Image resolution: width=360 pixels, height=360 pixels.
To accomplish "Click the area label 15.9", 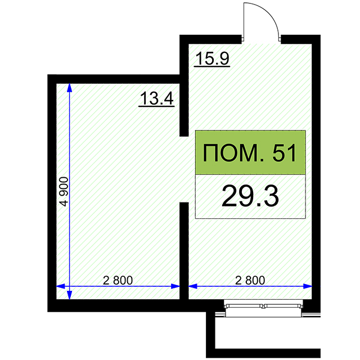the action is pos(213,58).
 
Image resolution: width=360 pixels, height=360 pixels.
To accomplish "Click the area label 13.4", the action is pos(157,98).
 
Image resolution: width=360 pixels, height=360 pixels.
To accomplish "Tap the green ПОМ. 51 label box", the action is pos(250,152).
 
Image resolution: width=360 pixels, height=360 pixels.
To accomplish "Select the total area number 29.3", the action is pos(250,196).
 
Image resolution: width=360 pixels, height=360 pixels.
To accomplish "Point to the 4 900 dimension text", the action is pos(64,191).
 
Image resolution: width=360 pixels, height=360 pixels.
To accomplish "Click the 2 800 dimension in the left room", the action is pos(118,280).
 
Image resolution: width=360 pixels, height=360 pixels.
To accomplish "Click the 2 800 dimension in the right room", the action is pos(250,280).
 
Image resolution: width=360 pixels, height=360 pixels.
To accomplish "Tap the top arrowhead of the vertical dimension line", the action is pos(69,88).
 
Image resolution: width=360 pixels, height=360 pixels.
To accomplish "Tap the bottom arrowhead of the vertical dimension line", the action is pos(69,295).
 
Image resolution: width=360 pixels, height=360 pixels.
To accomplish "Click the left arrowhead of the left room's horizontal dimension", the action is pos(61,286).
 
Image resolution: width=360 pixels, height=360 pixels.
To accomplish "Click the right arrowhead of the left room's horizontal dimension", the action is pos(175,286).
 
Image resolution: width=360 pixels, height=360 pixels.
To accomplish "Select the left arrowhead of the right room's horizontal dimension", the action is pos(193,286).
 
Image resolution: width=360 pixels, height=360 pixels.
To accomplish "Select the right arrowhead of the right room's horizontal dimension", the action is pos(308,286).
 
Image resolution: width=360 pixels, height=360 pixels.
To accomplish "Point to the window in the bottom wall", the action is pos(264,308).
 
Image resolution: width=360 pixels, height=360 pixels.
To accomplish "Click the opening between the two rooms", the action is pos(184,169).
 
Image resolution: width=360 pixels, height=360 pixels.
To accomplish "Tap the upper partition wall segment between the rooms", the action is pos(184,86).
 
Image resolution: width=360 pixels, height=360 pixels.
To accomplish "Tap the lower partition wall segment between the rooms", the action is pos(184,251).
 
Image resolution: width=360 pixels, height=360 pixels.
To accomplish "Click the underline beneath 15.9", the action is pos(212,66).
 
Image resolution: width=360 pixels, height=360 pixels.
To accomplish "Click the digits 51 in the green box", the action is pos(284,153).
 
